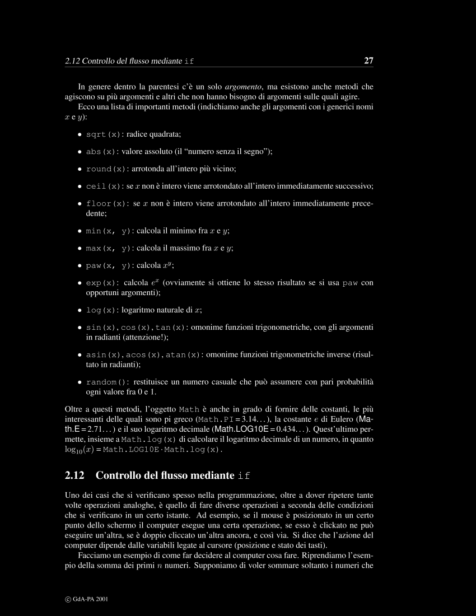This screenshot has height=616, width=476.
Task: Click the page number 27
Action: click(368, 60)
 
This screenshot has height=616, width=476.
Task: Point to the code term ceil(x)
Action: click(103, 186)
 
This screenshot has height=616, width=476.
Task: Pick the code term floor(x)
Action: click(106, 204)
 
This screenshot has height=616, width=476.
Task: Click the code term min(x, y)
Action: click(108, 231)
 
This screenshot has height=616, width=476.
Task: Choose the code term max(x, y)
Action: click(108, 248)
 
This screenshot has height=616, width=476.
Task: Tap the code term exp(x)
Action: click(101, 283)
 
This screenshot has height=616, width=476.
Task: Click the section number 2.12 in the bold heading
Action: click(74, 476)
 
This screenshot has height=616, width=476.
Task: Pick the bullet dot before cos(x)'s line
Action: click(80, 327)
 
